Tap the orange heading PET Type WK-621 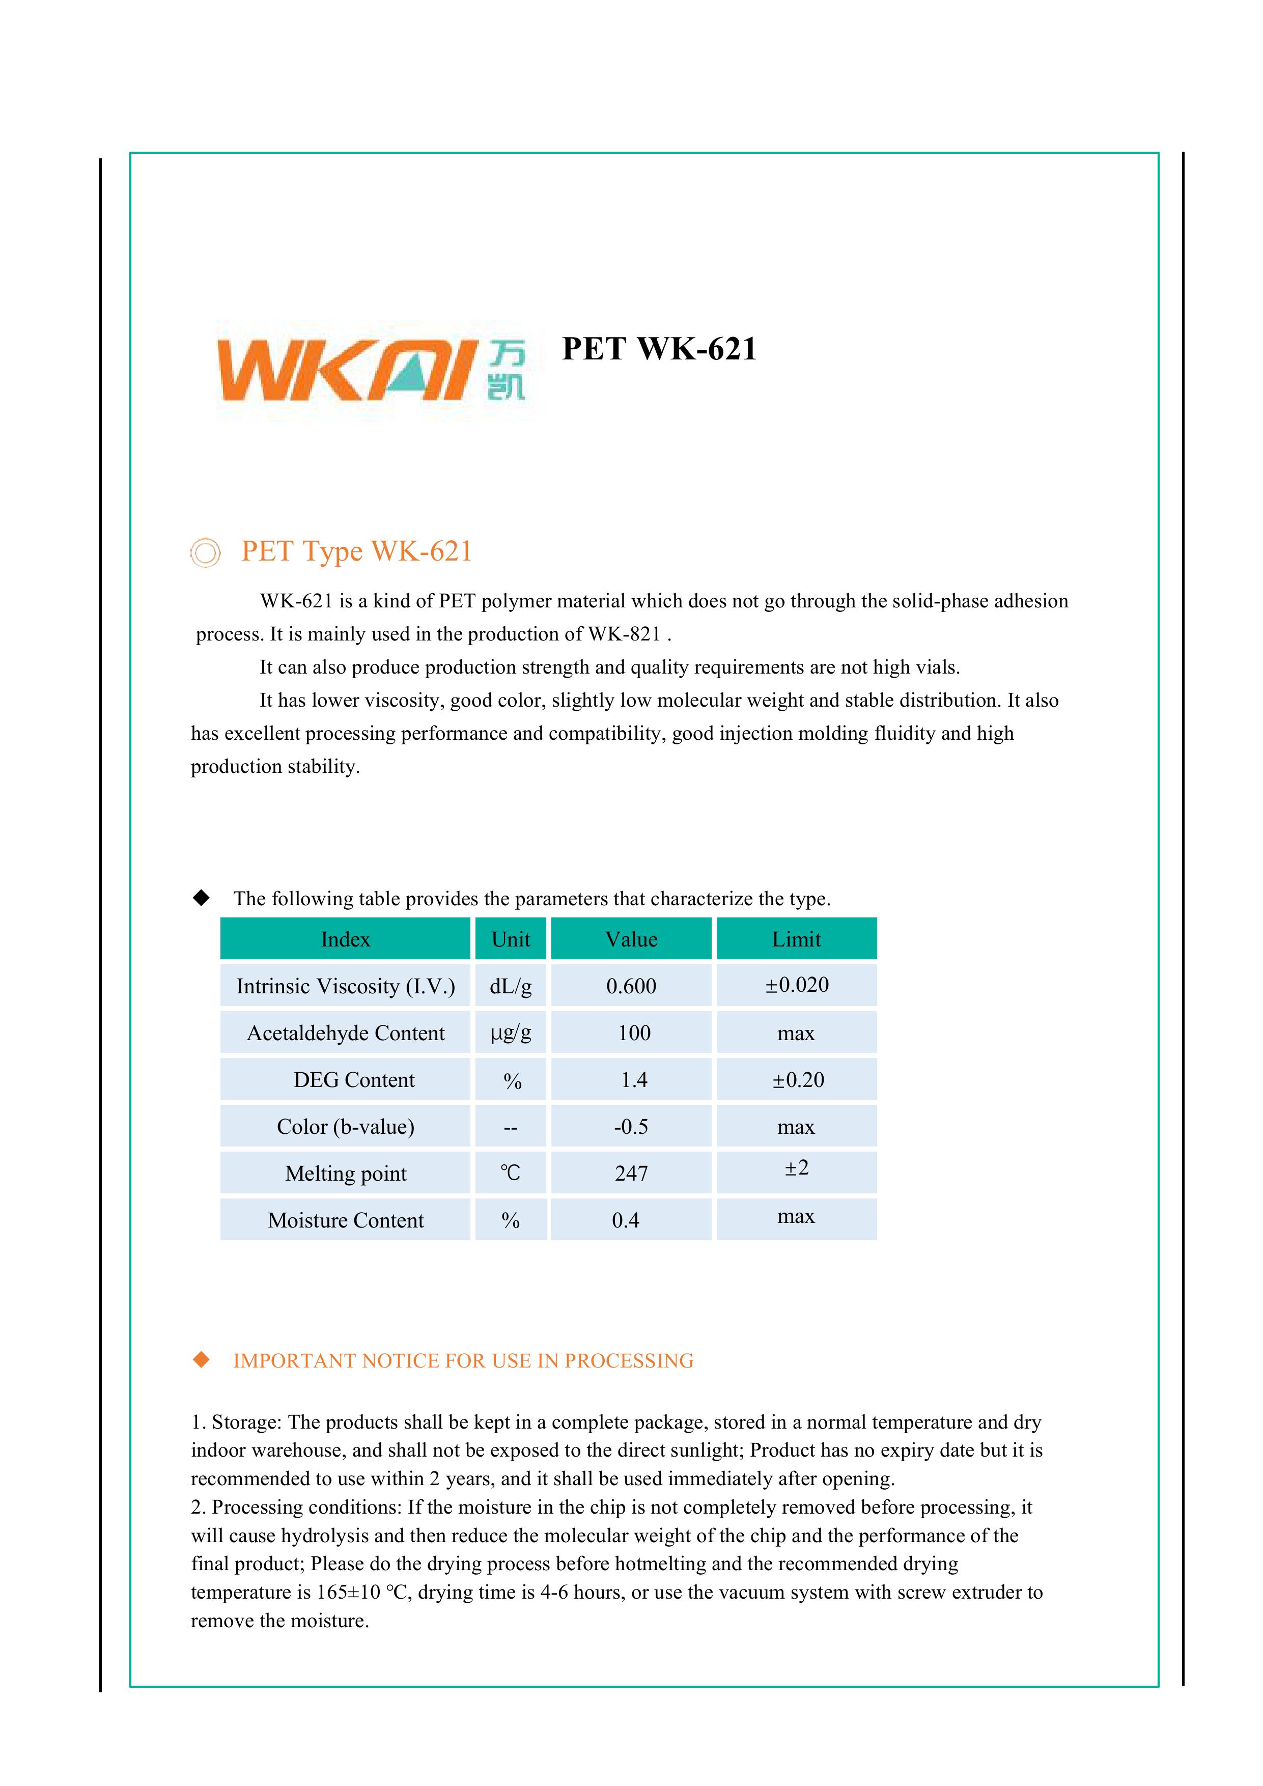356,551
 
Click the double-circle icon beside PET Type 205,553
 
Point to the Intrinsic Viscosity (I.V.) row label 345,986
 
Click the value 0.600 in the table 631,986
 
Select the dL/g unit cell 510,986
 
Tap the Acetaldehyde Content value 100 634,1033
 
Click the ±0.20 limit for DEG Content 797,1080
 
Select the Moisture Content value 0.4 625,1220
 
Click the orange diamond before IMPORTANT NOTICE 202,1360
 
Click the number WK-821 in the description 624,634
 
